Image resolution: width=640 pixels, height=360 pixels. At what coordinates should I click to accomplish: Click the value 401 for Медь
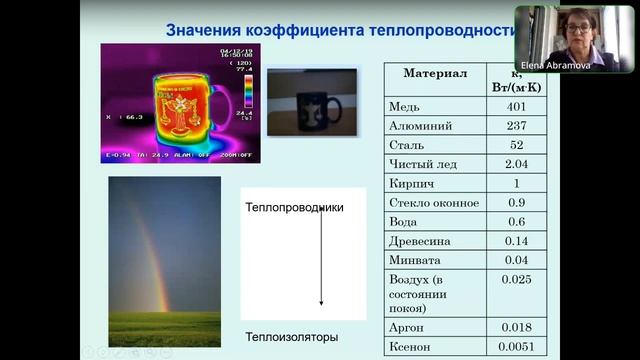click(516, 107)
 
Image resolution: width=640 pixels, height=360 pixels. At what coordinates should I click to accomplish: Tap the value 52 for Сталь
click(516, 145)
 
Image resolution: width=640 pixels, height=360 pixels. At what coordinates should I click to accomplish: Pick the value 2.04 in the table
click(516, 164)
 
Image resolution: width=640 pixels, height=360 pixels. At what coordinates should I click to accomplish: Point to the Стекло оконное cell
click(433, 203)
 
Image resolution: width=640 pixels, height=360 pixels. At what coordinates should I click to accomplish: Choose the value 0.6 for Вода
click(516, 222)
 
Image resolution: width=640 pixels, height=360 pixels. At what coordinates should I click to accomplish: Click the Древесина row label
click(420, 241)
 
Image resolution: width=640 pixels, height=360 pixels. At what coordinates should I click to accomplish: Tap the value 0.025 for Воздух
click(516, 279)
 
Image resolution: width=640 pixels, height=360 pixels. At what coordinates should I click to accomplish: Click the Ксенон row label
click(411, 347)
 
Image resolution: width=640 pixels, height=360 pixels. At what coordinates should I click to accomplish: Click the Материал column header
click(435, 74)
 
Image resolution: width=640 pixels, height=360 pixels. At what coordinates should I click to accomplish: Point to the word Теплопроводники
click(294, 207)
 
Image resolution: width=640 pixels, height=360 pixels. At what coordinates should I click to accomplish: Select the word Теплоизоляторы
click(292, 337)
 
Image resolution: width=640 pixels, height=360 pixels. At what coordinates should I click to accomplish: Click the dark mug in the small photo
click(318, 107)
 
